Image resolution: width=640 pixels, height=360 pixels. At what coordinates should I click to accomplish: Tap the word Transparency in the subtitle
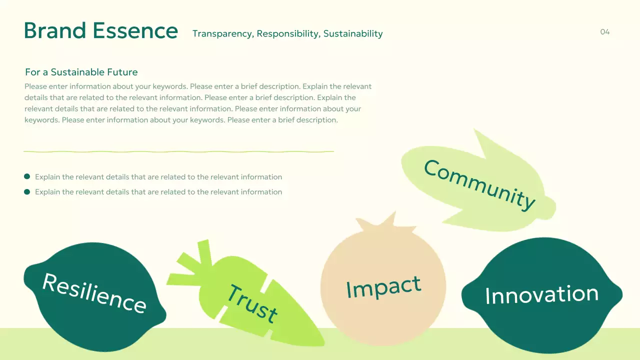pos(223,34)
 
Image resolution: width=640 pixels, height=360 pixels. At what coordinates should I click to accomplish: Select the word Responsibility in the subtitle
pos(288,34)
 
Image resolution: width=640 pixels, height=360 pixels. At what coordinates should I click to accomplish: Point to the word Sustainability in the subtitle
pos(353,34)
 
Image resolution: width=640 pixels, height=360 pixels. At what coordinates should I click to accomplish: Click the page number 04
pos(605,32)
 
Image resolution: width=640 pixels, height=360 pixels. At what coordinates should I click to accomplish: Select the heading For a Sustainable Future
pos(81,72)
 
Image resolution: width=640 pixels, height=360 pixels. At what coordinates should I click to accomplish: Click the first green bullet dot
pos(27,176)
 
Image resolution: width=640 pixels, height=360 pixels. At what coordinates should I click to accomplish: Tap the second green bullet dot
pos(27,191)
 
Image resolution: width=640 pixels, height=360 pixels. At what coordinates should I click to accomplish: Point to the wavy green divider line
pos(178,151)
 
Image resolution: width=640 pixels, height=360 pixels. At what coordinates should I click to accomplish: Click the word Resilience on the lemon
pos(94,293)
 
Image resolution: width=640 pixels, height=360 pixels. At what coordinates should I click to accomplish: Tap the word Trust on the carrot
pos(252,303)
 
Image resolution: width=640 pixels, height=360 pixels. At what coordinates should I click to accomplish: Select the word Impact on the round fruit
pos(383,287)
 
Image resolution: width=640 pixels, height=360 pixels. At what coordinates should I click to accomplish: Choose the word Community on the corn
pos(479,184)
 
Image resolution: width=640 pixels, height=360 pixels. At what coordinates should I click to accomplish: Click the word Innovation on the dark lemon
pos(541,294)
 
